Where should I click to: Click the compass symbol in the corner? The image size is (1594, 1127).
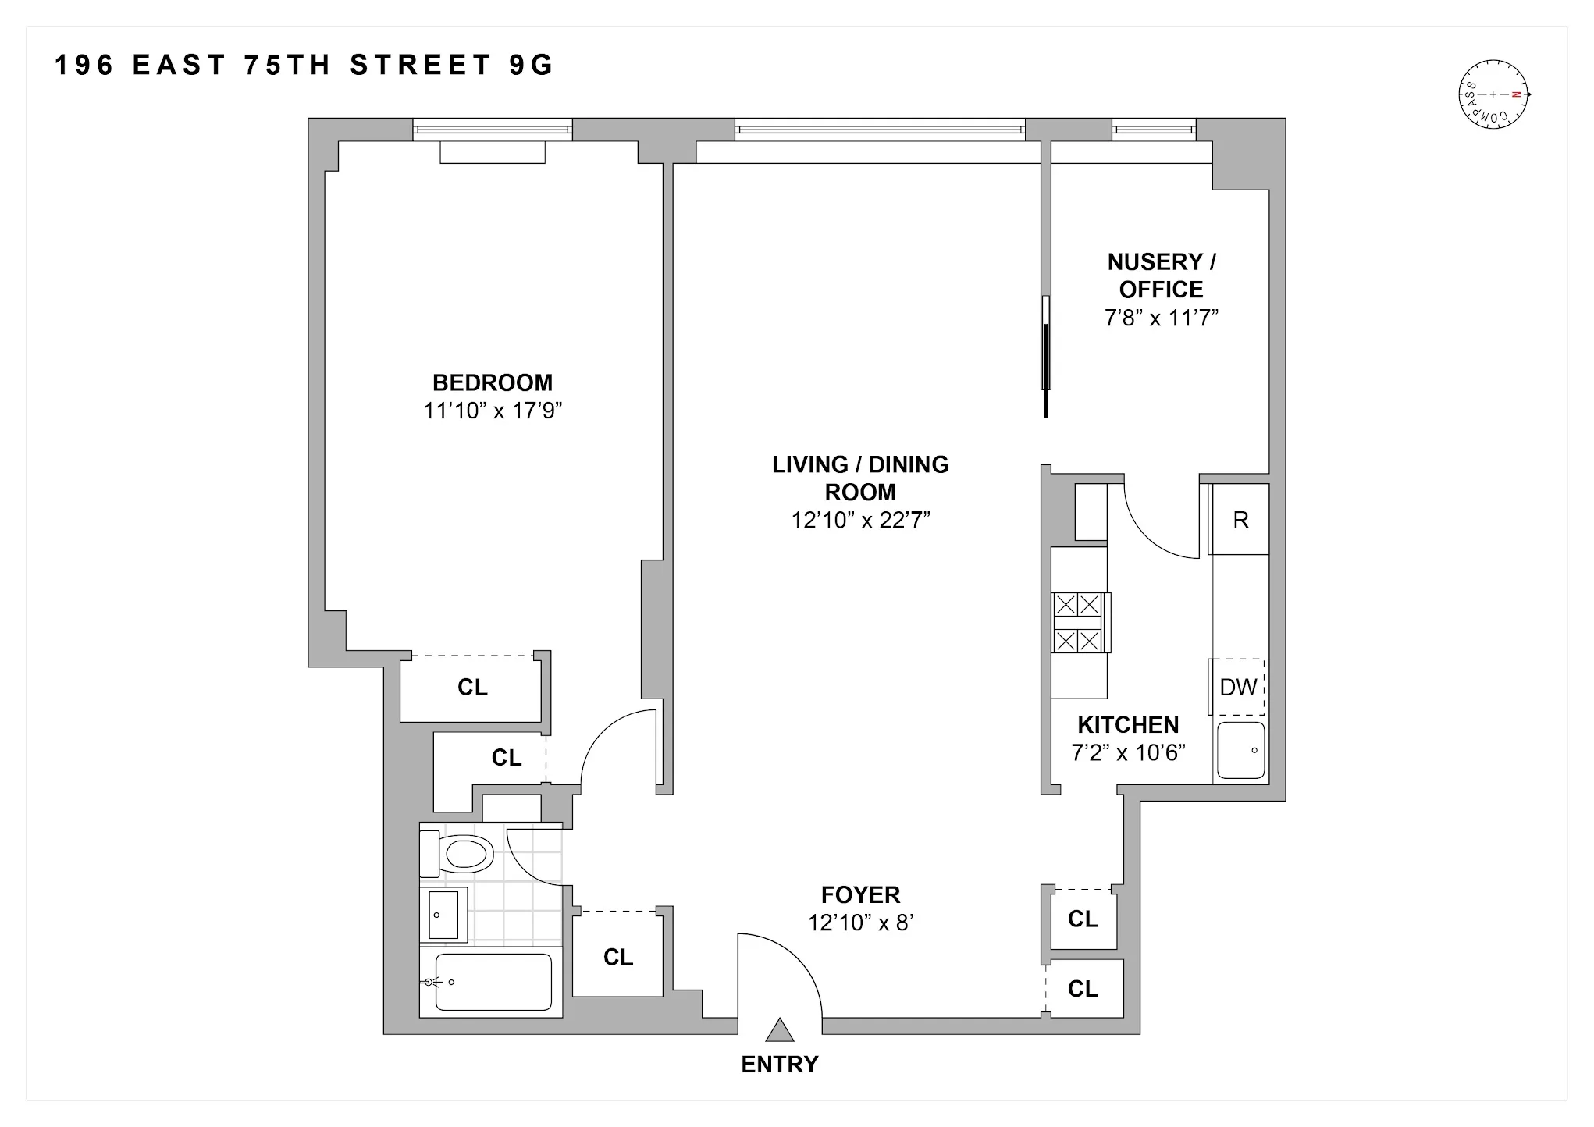[1493, 94]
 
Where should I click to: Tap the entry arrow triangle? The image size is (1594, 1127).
[779, 1031]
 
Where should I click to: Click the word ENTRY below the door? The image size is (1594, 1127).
[779, 1065]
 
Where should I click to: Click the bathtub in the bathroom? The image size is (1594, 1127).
[493, 982]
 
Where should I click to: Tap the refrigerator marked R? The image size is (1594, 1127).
[1240, 520]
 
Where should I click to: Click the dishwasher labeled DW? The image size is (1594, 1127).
[1237, 687]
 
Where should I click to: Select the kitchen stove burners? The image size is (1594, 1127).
[1078, 623]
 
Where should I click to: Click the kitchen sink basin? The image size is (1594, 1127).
[1241, 750]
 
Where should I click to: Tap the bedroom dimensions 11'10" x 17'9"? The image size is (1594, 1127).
[493, 411]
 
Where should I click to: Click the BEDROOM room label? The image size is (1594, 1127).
[493, 382]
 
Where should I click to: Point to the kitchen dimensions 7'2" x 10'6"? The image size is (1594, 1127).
[1128, 752]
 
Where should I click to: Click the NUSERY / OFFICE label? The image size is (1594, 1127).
[1161, 276]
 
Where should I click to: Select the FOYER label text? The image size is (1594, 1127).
[860, 894]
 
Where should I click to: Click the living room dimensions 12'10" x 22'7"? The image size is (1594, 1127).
[860, 520]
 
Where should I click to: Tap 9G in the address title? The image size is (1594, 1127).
[531, 66]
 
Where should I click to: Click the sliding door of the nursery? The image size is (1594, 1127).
[1046, 351]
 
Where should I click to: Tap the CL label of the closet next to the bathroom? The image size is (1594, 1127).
[617, 957]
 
